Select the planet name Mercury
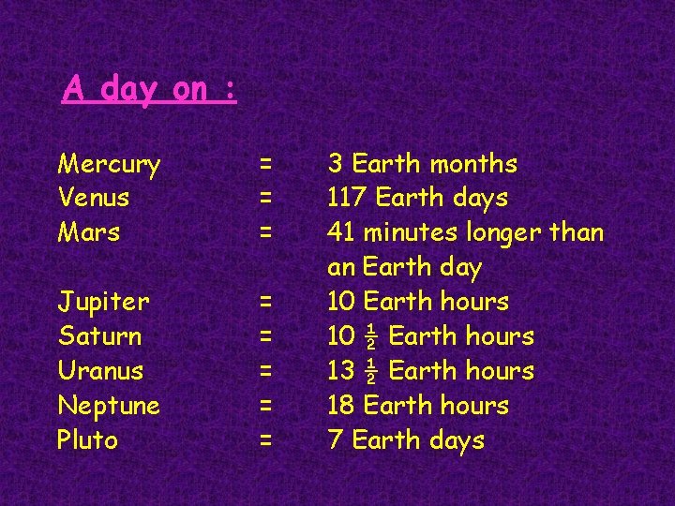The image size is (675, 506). click(x=109, y=165)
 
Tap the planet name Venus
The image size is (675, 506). click(x=94, y=199)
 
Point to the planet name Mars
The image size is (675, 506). click(x=89, y=232)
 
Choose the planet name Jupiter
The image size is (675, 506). click(x=103, y=303)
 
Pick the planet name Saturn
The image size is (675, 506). click(x=99, y=336)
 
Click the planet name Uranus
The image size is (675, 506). click(x=100, y=371)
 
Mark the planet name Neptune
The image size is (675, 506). click(x=109, y=407)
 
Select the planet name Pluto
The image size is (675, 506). click(x=87, y=439)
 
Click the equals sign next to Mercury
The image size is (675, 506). click(x=266, y=164)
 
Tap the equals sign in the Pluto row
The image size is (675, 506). click(x=266, y=439)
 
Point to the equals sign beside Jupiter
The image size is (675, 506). click(x=266, y=302)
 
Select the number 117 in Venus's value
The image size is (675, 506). click(x=347, y=199)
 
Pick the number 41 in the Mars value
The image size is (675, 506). click(x=341, y=232)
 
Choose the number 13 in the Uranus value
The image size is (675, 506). click(x=339, y=371)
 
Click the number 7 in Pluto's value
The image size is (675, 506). click(x=336, y=440)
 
